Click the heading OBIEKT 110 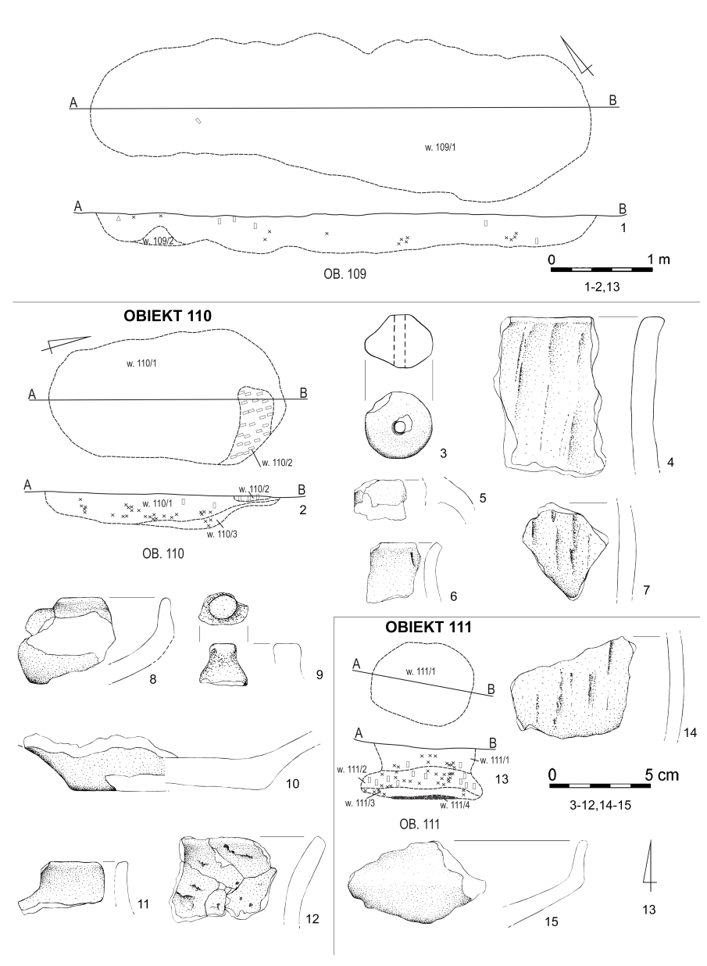167,316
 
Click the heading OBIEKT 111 428,627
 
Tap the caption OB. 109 345,274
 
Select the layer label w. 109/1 440,147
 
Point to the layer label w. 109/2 158,241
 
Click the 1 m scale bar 602,270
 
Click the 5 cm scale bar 600,785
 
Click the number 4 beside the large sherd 670,463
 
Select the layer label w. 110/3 222,535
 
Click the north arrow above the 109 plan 577,56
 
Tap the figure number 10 293,783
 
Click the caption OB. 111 420,824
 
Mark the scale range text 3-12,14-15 601,805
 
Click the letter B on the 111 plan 491,689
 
